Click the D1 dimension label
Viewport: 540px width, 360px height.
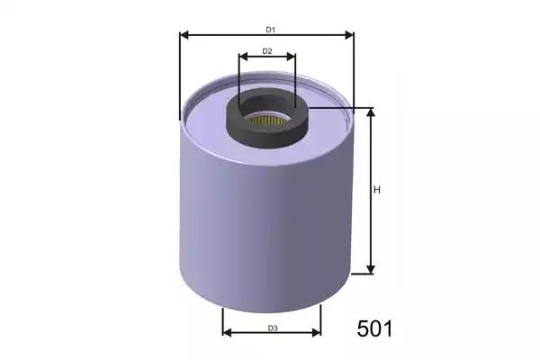coord(270,30)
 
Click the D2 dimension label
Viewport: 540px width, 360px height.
coord(267,51)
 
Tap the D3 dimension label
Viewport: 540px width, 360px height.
coord(273,328)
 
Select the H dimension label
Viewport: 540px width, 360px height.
coord(377,190)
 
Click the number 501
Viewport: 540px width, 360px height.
coord(374,328)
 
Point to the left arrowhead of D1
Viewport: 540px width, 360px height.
coord(184,35)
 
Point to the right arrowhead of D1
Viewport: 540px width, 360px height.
coord(349,35)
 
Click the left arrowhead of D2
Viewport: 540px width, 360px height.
coord(244,56)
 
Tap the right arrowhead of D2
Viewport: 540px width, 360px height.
coord(291,56)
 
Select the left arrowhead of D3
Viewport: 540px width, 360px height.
coord(228,332)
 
